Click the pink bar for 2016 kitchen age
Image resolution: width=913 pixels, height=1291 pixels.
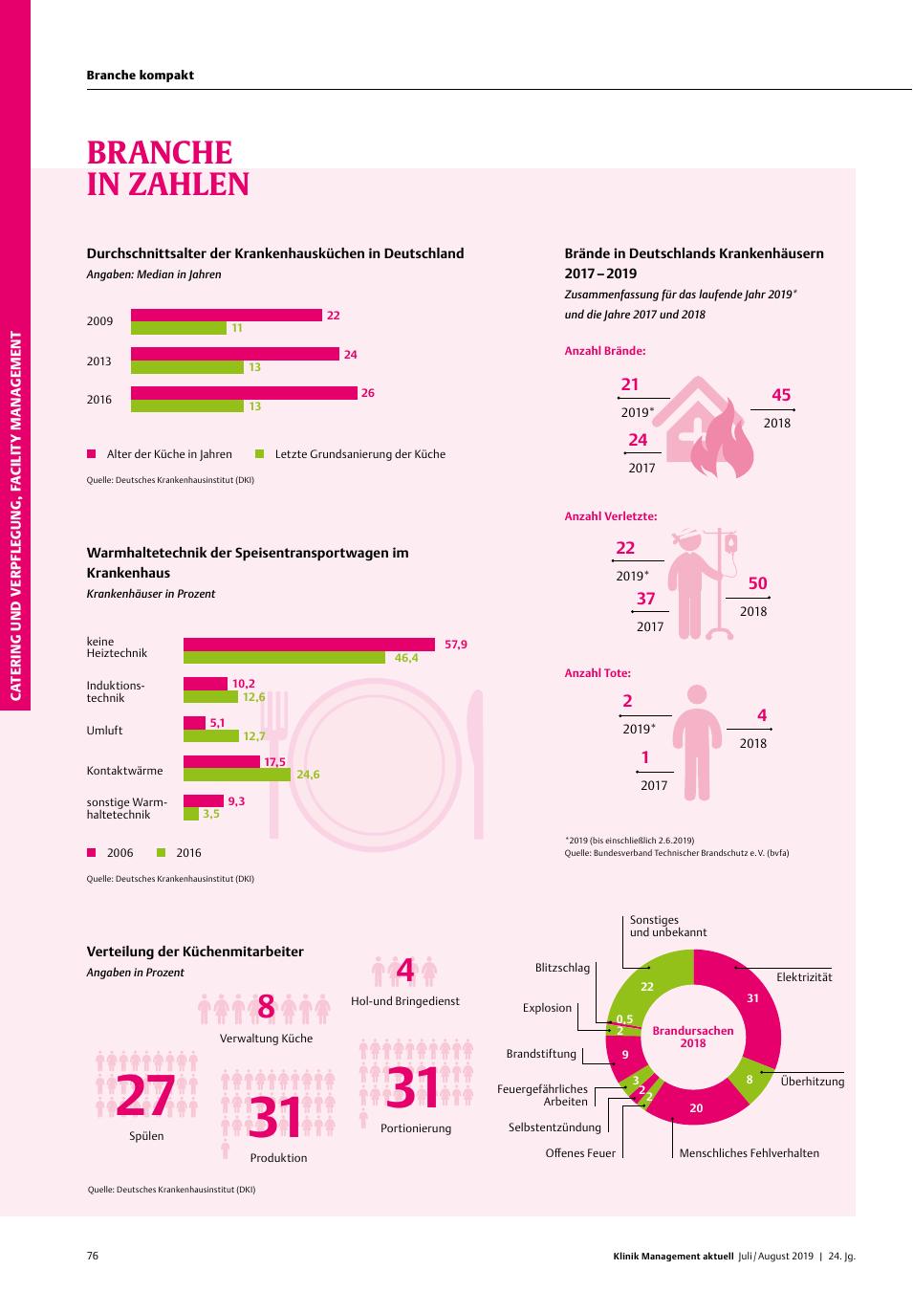[244, 392]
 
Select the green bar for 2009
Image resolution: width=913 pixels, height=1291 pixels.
[179, 328]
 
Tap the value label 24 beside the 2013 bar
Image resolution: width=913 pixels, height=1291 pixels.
[350, 355]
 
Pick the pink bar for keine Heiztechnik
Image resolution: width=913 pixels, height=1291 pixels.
[309, 645]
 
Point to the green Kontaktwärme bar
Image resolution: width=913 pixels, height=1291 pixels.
[237, 775]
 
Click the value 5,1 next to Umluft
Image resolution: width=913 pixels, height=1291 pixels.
[217, 723]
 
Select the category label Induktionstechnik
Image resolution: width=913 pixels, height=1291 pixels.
[116, 691]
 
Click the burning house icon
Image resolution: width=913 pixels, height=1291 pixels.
[709, 427]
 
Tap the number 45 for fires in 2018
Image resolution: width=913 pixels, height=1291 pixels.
[781, 395]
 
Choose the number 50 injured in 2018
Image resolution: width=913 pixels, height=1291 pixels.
[757, 583]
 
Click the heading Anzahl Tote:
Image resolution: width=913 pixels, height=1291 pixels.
[598, 672]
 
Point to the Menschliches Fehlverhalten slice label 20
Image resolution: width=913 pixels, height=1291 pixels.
[696, 1107]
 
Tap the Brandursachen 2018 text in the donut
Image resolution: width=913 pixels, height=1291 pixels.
[693, 1037]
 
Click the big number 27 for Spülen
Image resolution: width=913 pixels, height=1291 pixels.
[145, 1095]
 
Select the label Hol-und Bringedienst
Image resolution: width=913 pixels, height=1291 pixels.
[405, 1001]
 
